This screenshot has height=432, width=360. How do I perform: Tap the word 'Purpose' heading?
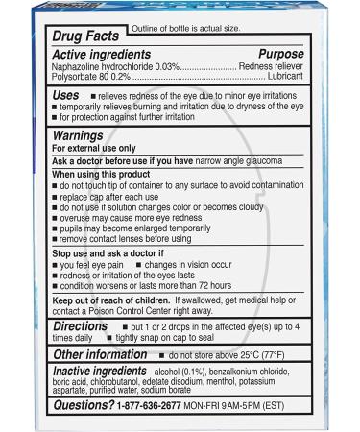tap(287, 56)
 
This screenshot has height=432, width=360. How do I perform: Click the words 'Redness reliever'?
tap(276, 70)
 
